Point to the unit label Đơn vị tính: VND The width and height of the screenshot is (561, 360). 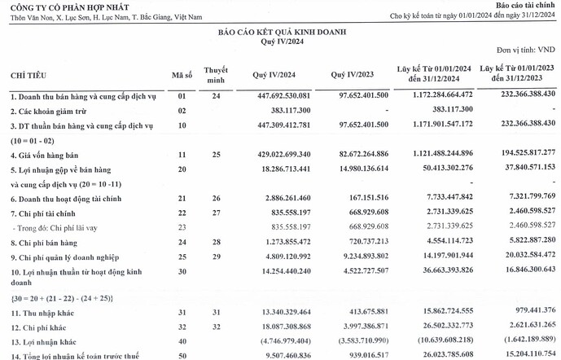pos(527,50)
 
